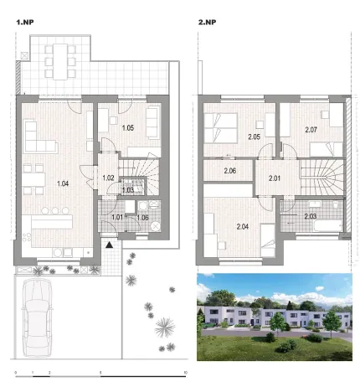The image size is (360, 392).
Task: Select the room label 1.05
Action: click(x=128, y=128)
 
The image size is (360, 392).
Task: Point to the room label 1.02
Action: click(x=108, y=178)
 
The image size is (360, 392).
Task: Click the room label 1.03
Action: click(x=127, y=190)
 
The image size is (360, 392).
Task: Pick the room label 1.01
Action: click(x=118, y=218)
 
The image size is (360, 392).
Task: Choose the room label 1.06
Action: click(x=141, y=218)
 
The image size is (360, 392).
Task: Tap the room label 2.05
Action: click(x=255, y=136)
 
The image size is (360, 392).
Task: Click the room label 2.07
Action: click(x=311, y=130)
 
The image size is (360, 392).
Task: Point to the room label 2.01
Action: click(x=275, y=178)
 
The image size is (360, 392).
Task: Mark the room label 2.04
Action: click(x=243, y=226)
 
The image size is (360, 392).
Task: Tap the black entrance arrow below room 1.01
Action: click(x=110, y=245)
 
